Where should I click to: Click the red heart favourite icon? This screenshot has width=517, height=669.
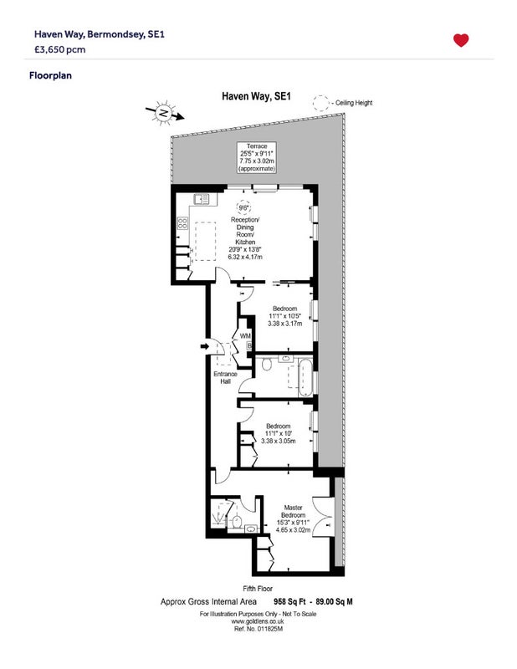pos(461,40)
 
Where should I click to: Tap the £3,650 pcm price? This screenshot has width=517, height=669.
pos(59,49)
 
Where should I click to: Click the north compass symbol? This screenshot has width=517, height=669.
pos(164,113)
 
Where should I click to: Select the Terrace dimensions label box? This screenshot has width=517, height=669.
pos(257,157)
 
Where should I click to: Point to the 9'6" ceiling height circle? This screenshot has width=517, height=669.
pos(243,207)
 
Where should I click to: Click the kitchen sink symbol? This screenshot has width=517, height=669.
pos(202,199)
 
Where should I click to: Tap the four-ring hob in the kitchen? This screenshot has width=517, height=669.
pos(182,223)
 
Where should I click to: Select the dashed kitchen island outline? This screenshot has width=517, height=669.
pos(205,242)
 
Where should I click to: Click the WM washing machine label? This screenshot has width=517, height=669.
pos(245,336)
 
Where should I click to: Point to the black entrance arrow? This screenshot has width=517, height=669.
pos(205,346)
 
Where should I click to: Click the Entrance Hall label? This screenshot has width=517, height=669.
pos(225,378)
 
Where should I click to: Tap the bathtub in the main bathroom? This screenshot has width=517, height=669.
pos(305,377)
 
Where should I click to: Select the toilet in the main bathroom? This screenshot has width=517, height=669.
pos(267,364)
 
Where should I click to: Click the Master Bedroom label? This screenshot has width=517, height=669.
pos(294,511)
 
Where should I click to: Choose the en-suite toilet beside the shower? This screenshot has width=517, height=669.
pos(237,520)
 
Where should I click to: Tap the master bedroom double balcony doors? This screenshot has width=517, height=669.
pos(322,517)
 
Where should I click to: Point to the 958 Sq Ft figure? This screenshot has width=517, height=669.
pos(289,602)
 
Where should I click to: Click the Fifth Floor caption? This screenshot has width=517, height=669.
pos(258,589)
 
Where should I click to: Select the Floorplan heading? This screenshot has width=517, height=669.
pos(50,75)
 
